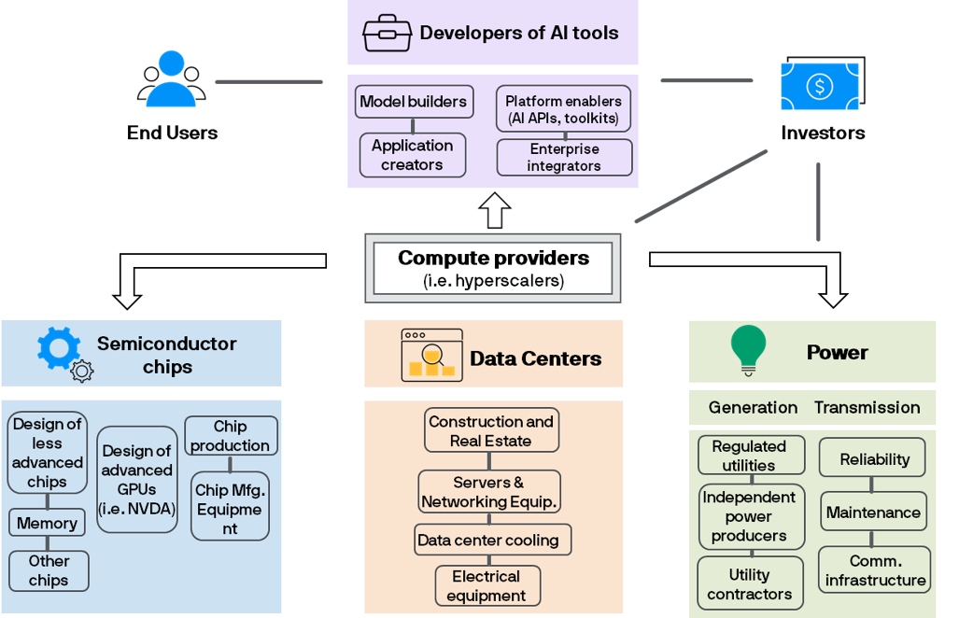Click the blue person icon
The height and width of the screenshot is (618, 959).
(x=171, y=79)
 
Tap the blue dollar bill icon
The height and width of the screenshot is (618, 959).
(x=819, y=87)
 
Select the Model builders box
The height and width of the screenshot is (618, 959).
(x=413, y=102)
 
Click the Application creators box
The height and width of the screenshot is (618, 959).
(x=412, y=155)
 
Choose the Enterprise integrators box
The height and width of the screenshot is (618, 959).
(x=564, y=158)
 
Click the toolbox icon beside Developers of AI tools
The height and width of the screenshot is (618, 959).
(x=387, y=33)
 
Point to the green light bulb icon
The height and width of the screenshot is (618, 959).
(x=748, y=351)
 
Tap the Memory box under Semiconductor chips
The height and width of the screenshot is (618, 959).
(x=47, y=524)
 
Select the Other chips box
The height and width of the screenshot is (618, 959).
(x=49, y=570)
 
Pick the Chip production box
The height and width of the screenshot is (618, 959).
(x=230, y=436)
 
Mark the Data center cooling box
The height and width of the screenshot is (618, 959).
(x=492, y=540)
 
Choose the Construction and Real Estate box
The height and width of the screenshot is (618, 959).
(x=491, y=430)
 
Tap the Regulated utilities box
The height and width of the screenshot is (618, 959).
(x=749, y=456)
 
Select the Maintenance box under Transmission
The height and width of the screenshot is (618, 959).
(x=873, y=513)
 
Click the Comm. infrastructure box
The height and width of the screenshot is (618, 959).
(x=875, y=570)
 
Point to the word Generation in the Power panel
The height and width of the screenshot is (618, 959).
(x=753, y=407)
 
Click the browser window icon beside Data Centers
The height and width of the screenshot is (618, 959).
(x=431, y=356)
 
